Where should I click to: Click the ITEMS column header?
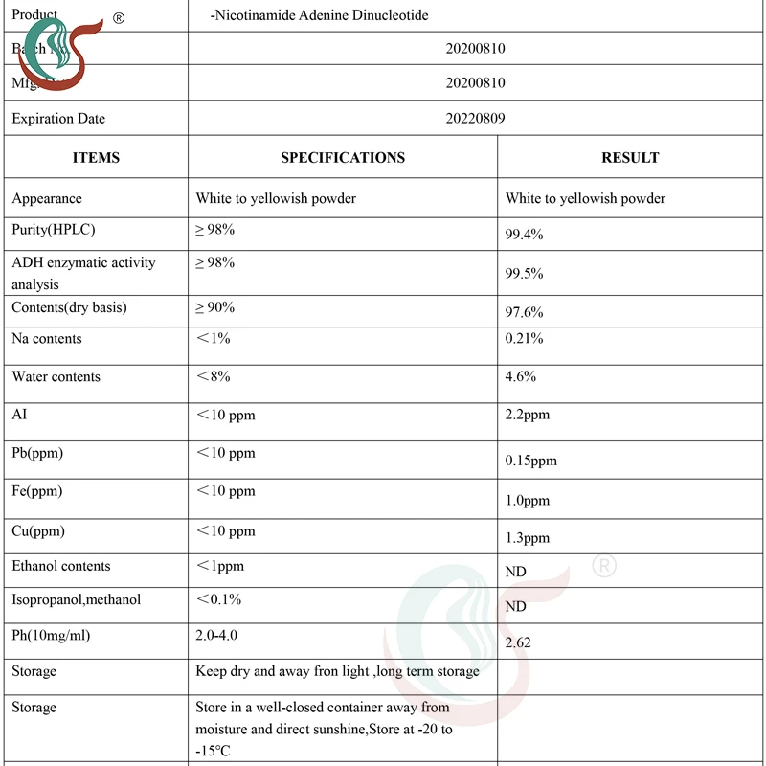pos(96,158)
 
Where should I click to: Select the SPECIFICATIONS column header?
pos(342,158)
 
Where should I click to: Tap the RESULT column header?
pos(630,158)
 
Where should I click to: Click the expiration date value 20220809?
pos(475,119)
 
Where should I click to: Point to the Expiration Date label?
pos(58,119)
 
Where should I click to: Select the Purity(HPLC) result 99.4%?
pos(524,235)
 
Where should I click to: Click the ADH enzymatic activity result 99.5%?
pos(524,274)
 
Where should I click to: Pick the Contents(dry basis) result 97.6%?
pos(524,313)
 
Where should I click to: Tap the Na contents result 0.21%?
pos(524,339)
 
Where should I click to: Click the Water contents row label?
pos(56,377)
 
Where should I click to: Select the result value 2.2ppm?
pos(528,416)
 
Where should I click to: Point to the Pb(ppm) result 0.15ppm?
pos(530,461)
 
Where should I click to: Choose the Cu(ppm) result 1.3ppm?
pos(528,538)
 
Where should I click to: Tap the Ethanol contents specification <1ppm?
pos(220,566)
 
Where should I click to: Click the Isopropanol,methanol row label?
pos(76,600)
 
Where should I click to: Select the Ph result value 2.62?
pos(518,642)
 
